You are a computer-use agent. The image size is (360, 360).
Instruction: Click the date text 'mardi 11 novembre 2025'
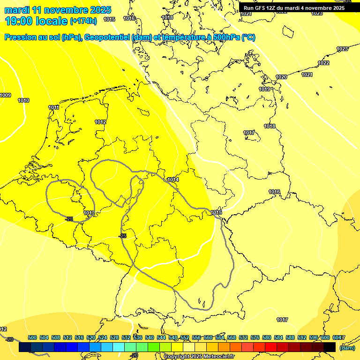tap(58, 10)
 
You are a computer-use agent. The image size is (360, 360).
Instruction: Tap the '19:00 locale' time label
tap(36, 21)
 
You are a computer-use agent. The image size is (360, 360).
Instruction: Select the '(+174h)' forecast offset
tap(83, 21)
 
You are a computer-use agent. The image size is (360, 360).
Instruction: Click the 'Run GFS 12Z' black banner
tap(294, 8)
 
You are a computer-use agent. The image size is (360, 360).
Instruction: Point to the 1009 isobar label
tap(5, 96)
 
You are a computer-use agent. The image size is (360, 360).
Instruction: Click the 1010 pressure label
tap(23, 101)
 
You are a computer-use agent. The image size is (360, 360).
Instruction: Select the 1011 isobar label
tap(54, 108)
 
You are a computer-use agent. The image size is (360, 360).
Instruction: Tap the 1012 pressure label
tap(100, 122)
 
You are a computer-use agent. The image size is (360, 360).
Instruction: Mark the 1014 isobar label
tap(173, 180)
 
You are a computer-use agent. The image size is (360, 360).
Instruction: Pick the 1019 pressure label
tap(265, 89)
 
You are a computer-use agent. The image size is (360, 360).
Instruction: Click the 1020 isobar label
tap(281, 77)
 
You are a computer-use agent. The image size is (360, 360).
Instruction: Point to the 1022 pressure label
tap(323, 63)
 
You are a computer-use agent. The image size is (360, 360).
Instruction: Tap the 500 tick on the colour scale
tap(32, 337)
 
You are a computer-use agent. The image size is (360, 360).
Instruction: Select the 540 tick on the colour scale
tap(150, 337)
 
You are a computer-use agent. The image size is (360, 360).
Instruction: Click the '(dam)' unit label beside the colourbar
tap(347, 348)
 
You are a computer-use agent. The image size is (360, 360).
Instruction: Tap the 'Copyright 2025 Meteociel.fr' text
tap(199, 356)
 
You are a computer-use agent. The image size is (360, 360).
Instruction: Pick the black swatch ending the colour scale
tap(330, 347)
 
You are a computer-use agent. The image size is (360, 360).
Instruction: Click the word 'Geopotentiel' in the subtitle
tap(107, 37)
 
